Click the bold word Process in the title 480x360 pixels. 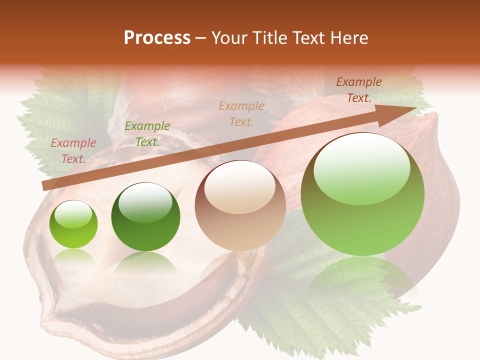coord(157,38)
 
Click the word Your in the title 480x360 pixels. coord(229,38)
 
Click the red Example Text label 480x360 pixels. coord(73,151)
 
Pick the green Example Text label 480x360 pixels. coord(147,134)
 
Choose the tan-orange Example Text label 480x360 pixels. coord(241,113)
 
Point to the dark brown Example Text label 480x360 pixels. coord(359,90)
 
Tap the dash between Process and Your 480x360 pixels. coord(201,38)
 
